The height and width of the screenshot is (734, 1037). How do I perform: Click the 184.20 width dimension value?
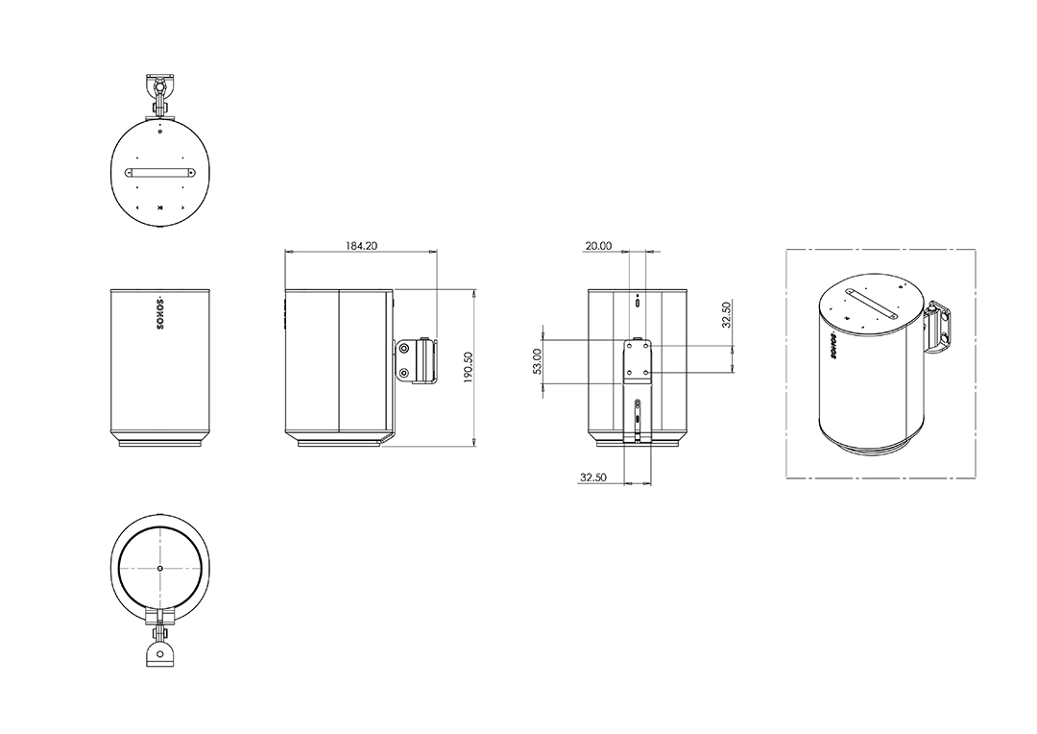click(x=361, y=246)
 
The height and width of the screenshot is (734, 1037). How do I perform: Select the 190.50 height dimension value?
click(x=468, y=367)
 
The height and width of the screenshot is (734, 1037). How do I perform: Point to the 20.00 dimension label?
click(x=598, y=246)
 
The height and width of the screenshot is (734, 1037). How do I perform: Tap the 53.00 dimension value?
click(x=537, y=361)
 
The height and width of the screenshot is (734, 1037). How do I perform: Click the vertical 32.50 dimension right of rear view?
click(x=726, y=315)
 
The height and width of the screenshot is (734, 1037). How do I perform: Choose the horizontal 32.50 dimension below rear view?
click(x=593, y=477)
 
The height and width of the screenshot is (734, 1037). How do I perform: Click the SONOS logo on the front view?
click(x=159, y=313)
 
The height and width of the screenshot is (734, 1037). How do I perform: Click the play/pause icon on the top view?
click(x=159, y=208)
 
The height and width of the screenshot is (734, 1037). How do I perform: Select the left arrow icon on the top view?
click(x=137, y=208)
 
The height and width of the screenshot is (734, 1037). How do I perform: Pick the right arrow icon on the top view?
click(x=181, y=208)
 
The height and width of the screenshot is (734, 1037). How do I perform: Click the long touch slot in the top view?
click(x=160, y=173)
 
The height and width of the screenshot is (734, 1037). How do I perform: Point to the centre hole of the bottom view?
click(x=160, y=568)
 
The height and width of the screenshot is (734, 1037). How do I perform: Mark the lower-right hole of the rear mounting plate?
click(x=645, y=373)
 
